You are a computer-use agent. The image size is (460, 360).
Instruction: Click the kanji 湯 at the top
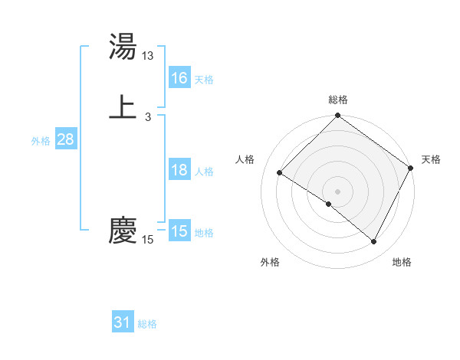pos(123,47)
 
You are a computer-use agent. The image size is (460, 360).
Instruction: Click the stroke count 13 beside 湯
pos(148,56)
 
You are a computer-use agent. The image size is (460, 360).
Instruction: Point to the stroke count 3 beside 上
pos(148,117)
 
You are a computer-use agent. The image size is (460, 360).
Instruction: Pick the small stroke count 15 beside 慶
pos(148,240)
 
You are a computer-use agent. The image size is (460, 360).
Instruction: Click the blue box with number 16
pos(179,78)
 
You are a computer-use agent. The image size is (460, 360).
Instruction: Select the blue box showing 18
pos(179,170)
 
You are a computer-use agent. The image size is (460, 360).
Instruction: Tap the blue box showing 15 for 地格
pos(179,231)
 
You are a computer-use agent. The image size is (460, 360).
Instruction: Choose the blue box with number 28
pos(65,140)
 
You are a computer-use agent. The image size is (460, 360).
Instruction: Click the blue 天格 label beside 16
pos(204,80)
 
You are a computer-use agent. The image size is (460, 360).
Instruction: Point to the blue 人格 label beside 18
pos(204,172)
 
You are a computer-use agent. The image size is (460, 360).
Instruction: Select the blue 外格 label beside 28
pos(41,141)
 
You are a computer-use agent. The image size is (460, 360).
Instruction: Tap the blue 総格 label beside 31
pos(147,324)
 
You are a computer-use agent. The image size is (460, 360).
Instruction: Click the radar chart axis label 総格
pos(338,100)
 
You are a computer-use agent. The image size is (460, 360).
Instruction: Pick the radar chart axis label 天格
pos(431,159)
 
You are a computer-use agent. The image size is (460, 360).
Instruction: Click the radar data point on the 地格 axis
pos(374,242)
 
